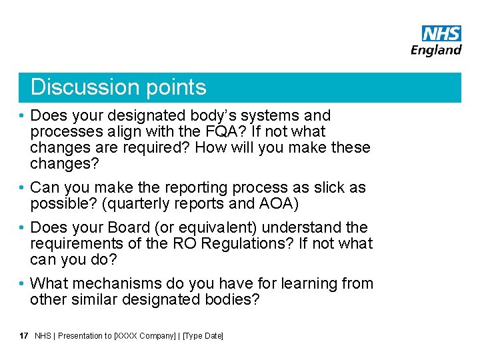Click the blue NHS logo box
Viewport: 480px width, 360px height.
(x=441, y=34)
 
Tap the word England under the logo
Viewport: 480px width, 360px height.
(x=436, y=50)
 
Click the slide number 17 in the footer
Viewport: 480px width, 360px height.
(x=24, y=336)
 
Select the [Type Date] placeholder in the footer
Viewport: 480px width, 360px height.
(x=203, y=336)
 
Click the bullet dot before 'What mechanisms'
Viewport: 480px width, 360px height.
(x=23, y=284)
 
